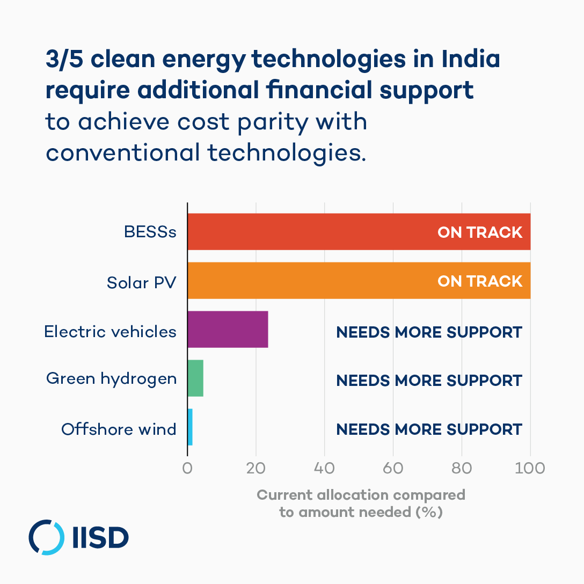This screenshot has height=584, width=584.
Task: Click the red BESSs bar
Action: point(311,232)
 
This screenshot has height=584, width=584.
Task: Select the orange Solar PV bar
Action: point(311,281)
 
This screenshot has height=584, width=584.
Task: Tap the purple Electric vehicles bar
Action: point(228,330)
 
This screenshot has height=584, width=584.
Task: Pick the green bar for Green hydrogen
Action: point(195,378)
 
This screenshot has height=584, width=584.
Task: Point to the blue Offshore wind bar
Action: point(190,427)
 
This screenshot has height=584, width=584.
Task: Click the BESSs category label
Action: point(150,232)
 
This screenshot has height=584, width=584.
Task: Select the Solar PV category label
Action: point(141,282)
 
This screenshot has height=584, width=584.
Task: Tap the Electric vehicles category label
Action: point(110,331)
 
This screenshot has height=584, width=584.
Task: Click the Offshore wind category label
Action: point(119,429)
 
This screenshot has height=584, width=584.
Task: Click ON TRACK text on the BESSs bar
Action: point(480,232)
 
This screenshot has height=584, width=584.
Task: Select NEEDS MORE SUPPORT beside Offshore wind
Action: point(429,429)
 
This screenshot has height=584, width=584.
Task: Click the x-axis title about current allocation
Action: point(361,503)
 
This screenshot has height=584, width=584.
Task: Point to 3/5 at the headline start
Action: point(63,60)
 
